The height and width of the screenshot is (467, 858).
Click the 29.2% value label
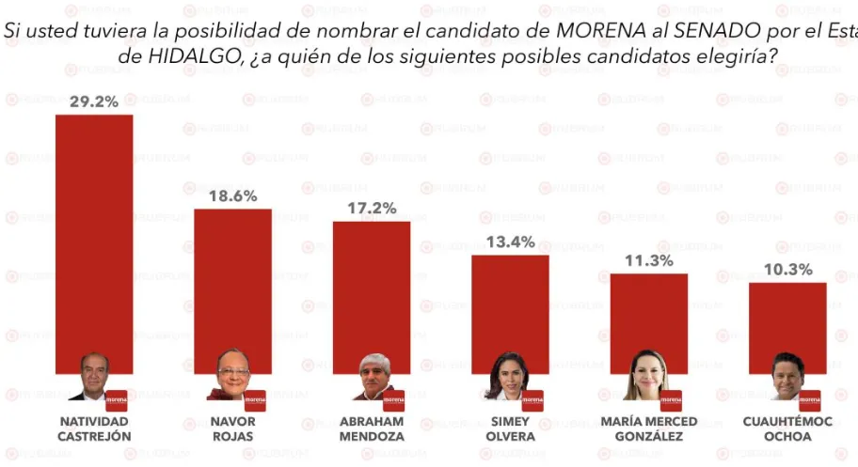[x=94, y=101]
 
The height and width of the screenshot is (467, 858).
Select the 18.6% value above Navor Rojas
[x=232, y=195]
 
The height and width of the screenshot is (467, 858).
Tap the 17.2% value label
[x=372, y=208]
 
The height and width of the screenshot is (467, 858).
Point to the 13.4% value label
[x=510, y=242]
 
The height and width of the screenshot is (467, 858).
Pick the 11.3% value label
[x=648, y=260]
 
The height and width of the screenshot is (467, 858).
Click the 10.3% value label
[x=787, y=269]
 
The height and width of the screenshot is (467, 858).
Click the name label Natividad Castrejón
[x=94, y=428]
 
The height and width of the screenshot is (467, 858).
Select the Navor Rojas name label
[x=232, y=428]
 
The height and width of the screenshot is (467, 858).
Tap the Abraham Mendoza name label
[x=372, y=428]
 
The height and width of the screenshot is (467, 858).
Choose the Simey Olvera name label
[x=510, y=428]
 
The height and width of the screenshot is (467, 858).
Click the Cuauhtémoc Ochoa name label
[x=787, y=428]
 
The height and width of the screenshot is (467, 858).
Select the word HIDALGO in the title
[x=168, y=55]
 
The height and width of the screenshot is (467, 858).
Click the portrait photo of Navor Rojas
[x=232, y=375]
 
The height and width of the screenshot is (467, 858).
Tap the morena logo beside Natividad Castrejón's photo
[x=116, y=399]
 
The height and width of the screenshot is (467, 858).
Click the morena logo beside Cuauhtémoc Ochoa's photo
[x=809, y=399]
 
